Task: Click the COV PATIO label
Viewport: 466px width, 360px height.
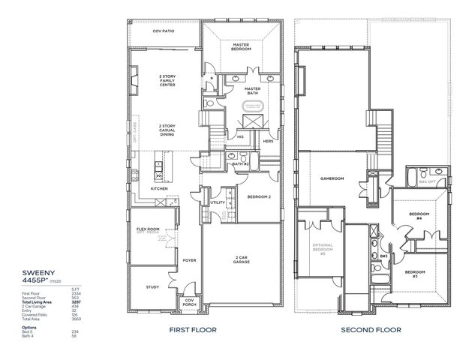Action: (163, 31)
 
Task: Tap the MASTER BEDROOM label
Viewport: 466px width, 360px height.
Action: (241, 46)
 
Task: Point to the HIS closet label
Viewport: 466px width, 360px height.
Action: (240, 137)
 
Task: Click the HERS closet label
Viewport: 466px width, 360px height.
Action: (267, 140)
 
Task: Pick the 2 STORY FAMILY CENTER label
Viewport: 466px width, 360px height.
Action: (167, 80)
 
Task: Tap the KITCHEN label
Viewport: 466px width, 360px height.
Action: (159, 188)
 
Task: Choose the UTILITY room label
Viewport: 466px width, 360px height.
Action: (218, 202)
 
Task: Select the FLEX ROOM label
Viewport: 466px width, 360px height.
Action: (147, 229)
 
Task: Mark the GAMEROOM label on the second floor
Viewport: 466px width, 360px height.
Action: (332, 178)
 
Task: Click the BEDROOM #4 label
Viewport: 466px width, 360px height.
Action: (418, 216)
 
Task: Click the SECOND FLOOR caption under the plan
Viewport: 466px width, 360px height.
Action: (371, 329)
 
